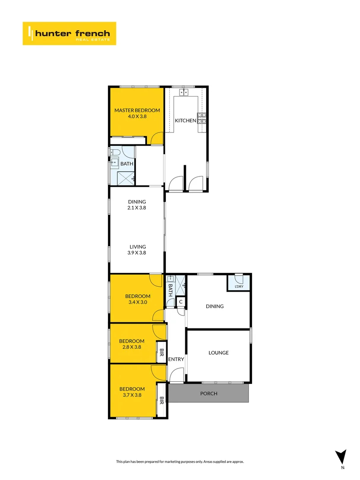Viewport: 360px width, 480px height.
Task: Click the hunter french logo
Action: point(69,33)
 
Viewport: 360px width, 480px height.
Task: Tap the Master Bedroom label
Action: point(137,113)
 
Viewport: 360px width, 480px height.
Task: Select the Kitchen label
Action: point(185,120)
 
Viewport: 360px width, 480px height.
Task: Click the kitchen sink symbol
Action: point(185,92)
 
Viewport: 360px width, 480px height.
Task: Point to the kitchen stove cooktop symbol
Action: point(202,118)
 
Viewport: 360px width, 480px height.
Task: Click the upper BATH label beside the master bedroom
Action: point(127,164)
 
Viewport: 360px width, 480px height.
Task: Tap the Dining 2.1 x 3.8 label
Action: point(137,204)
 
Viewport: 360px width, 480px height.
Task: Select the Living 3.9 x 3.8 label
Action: point(137,250)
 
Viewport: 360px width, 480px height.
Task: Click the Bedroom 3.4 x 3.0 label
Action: point(137,299)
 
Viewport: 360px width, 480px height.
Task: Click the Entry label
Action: point(176,359)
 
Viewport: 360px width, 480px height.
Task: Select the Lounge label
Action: point(218,353)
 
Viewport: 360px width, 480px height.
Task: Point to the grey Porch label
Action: point(208,394)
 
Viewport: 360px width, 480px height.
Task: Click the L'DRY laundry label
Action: point(239,286)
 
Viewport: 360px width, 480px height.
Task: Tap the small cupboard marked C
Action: point(180,302)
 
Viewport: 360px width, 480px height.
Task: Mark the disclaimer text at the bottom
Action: point(180,462)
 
